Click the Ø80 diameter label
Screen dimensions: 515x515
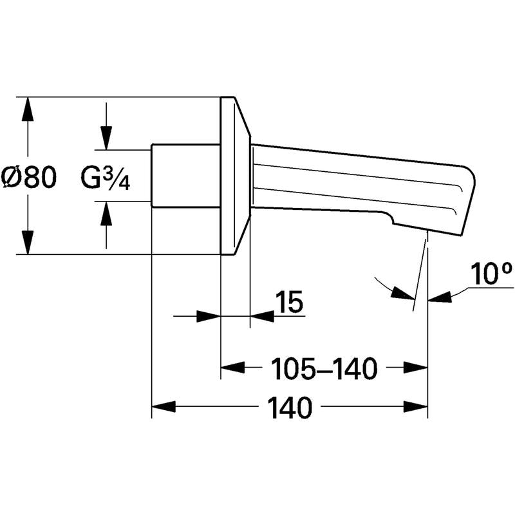coord(28,178)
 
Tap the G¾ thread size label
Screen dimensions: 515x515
coord(106,178)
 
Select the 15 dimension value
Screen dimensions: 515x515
coord(289,301)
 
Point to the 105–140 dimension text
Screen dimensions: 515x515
coord(324,368)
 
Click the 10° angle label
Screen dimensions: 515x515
coord(491,273)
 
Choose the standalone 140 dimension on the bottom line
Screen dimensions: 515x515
coord(289,407)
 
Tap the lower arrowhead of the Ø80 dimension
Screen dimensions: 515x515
coord(28,242)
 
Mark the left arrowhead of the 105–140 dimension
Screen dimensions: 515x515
coord(232,367)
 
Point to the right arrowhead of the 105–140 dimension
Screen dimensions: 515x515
coord(415,367)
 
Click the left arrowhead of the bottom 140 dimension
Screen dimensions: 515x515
coord(164,407)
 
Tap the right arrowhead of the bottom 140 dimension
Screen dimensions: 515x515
coord(415,407)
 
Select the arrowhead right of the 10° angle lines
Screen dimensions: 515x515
coord(440,297)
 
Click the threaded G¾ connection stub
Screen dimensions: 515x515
coord(185,176)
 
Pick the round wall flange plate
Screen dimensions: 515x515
coord(235,176)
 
